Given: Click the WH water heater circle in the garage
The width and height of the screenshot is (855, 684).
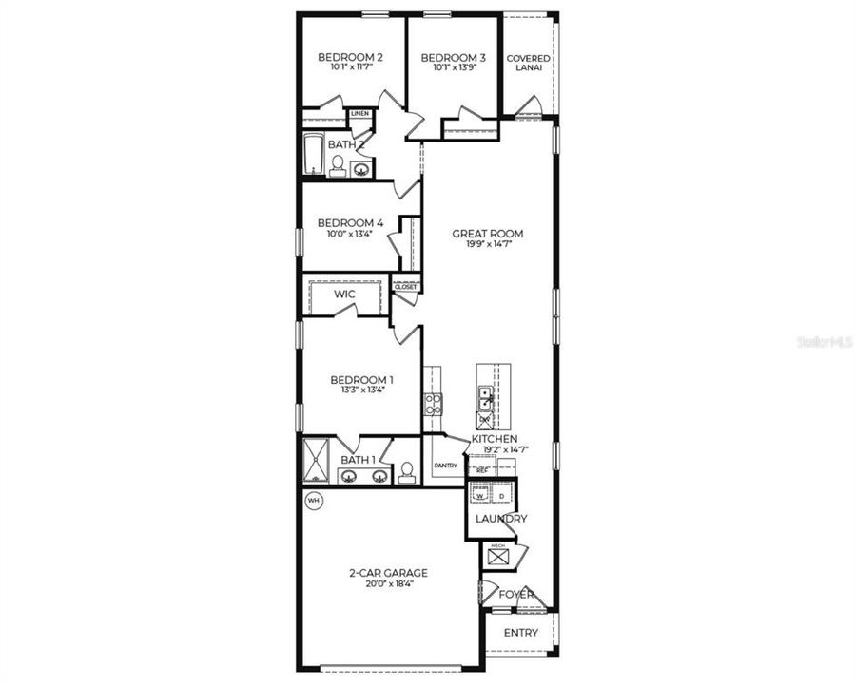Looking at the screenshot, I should [313, 499].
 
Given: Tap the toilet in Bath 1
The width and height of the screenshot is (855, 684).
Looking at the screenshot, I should [407, 472].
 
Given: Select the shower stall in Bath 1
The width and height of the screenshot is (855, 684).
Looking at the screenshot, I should [315, 461].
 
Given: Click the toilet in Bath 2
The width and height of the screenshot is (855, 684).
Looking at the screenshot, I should [337, 166].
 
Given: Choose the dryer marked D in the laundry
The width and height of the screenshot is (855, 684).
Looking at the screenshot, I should [501, 495].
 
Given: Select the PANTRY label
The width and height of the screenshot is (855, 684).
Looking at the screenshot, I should [445, 465].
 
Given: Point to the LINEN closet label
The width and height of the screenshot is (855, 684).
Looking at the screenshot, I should [359, 114].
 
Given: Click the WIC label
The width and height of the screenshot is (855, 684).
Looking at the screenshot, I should [344, 294].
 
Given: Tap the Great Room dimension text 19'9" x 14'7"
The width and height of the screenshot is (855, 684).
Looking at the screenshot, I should [487, 245].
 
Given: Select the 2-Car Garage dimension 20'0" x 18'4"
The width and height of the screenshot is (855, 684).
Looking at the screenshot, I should [387, 583].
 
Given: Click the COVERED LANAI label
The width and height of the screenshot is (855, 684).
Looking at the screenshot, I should [528, 64].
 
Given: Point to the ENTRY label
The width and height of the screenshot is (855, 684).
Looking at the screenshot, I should [520, 633].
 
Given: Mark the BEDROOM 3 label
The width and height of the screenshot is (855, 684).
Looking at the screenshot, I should [454, 58].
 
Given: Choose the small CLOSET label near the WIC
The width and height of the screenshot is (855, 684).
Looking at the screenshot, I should [405, 286].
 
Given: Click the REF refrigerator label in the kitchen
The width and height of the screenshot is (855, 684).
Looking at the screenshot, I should [481, 469].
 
